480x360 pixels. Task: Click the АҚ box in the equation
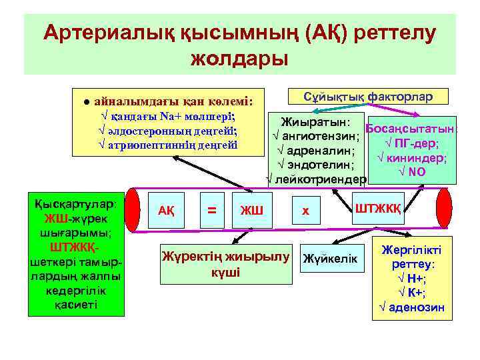point(166,211)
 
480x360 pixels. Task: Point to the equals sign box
point(212,211)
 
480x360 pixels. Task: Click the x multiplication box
point(305,211)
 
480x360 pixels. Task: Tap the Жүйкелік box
point(330,258)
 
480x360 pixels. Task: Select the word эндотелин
point(322,165)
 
